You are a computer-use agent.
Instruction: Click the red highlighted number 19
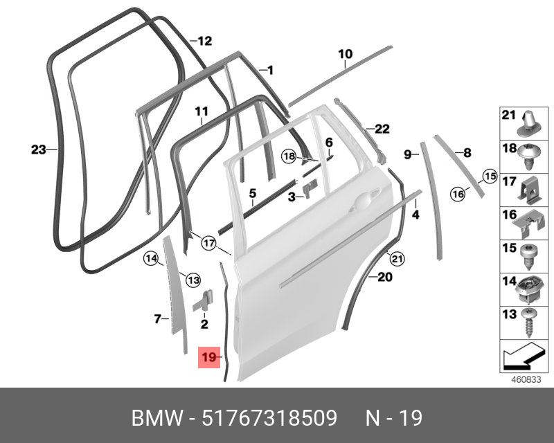[208, 358]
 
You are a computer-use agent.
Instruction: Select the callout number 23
[38, 148]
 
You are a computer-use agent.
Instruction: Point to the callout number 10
[345, 53]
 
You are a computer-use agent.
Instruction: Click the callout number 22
[382, 128]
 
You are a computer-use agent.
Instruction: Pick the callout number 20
[385, 278]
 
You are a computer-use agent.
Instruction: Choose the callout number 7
[157, 318]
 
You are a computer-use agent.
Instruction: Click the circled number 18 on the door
[289, 156]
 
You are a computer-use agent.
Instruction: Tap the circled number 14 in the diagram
[151, 259]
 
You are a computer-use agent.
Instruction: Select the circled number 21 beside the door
[395, 259]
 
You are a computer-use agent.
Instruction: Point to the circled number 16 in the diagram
[457, 195]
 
